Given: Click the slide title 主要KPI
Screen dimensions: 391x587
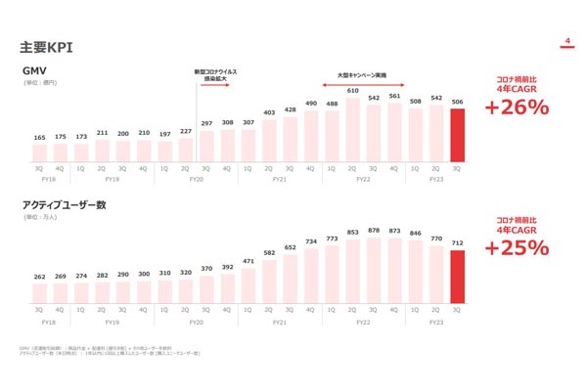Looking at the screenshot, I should coord(46,47).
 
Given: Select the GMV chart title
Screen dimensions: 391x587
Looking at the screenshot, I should coord(36,71).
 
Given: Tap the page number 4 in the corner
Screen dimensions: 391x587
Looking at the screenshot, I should coord(566,41).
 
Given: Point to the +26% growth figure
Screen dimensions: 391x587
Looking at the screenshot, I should coord(516,108).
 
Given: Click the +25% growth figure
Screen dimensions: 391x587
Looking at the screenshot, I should coord(516,247).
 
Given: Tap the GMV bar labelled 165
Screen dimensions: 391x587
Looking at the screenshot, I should coord(40,153).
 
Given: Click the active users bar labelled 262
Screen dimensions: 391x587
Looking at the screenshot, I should coord(40,290).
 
